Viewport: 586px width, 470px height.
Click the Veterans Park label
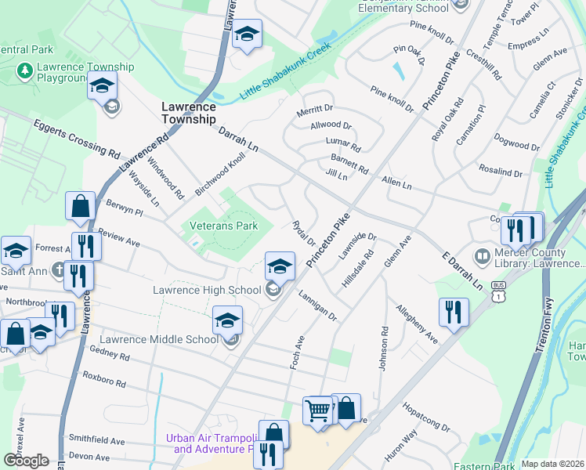[224, 226]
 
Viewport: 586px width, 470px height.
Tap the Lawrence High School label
[206, 291]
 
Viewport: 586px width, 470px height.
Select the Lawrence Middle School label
[159, 339]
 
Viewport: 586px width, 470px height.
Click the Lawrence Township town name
[188, 112]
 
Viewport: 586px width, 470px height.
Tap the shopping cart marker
[318, 410]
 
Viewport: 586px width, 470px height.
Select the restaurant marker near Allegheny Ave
[454, 312]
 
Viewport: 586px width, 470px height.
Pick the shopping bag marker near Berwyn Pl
[80, 206]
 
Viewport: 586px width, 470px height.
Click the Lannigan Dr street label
[317, 305]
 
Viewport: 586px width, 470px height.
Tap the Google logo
[26, 461]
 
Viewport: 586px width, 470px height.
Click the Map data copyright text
[552, 464]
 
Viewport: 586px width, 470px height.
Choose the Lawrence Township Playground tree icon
[24, 71]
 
